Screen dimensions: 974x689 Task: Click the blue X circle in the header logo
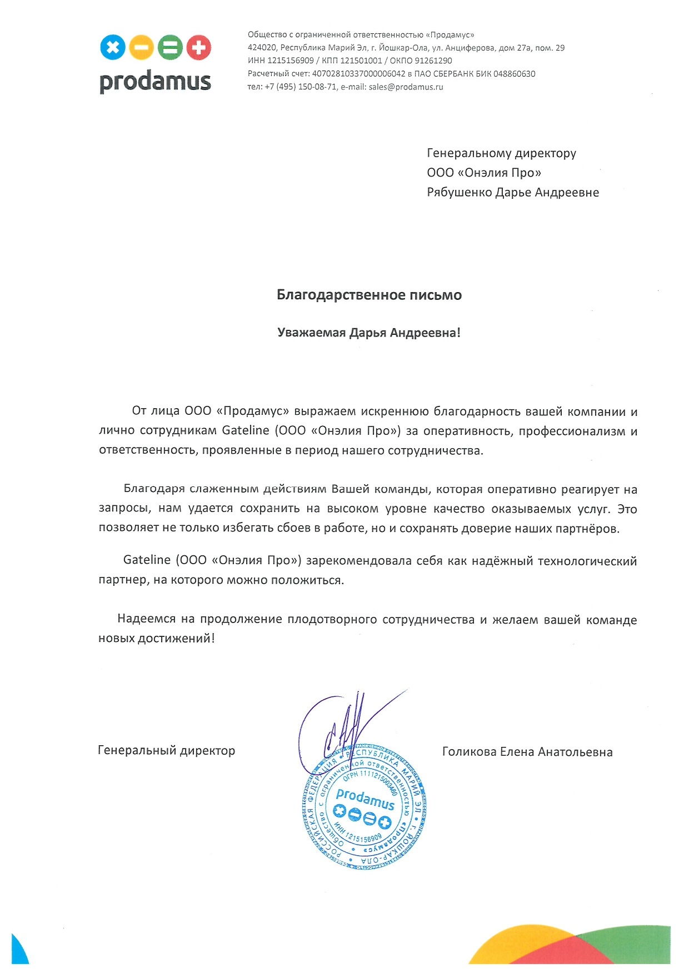click(x=113, y=48)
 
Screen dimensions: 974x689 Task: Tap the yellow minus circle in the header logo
click(x=141, y=48)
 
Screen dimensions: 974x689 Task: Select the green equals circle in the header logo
click(x=170, y=48)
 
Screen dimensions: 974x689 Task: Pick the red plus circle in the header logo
click(x=198, y=48)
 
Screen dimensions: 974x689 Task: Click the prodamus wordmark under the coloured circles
click(x=155, y=82)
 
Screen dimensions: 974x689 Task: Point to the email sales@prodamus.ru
click(x=406, y=87)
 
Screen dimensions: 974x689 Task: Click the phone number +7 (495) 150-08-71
click(x=301, y=87)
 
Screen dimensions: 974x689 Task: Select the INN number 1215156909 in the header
click(x=291, y=61)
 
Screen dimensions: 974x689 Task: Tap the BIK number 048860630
click(x=514, y=74)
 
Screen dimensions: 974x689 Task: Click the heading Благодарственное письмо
click(x=369, y=295)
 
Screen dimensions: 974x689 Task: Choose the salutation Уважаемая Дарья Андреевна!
click(x=369, y=333)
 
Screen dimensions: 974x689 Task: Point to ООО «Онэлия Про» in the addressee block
click(x=484, y=173)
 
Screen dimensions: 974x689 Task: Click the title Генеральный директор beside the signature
click(x=166, y=751)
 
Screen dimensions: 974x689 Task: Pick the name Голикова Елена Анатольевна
click(x=527, y=752)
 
